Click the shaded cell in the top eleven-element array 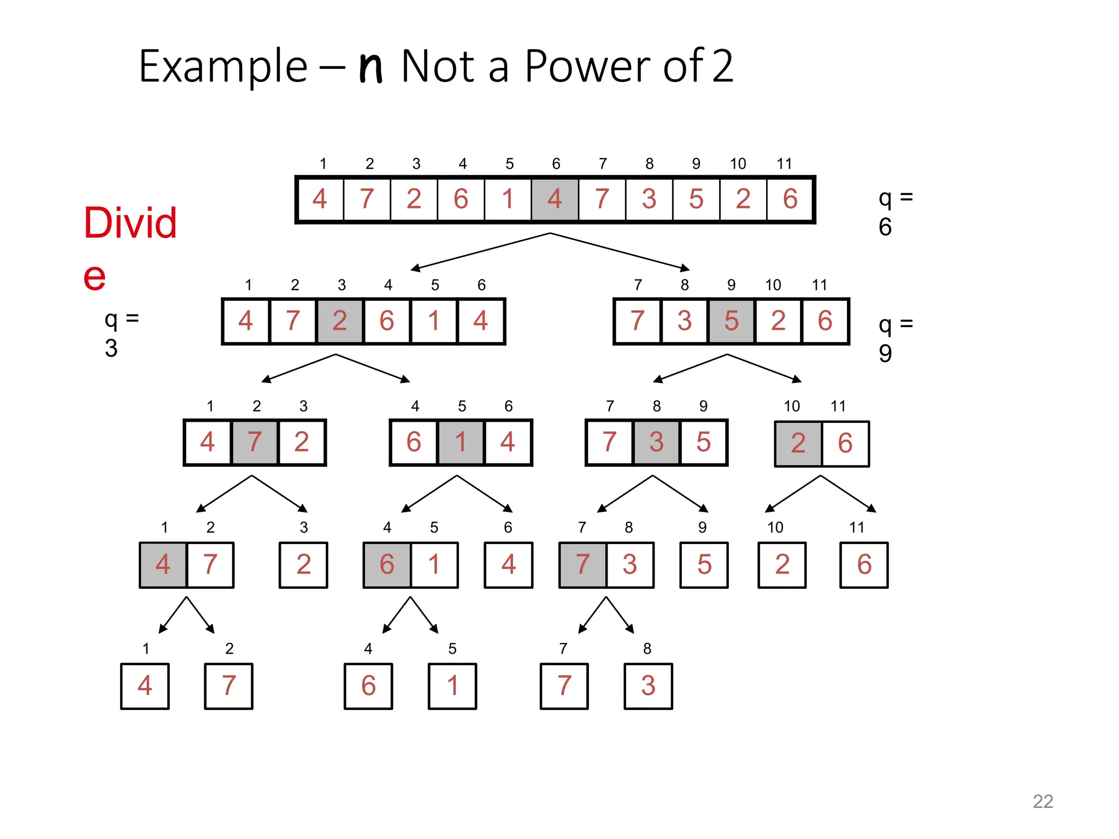[x=555, y=199]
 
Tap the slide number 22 [x=1043, y=801]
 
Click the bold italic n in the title [x=370, y=66]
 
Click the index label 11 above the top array [x=784, y=163]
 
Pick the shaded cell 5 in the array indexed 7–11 [x=731, y=321]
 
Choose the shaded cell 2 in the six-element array [x=339, y=321]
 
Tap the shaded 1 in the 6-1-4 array [x=461, y=442]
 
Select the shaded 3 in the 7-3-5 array [x=656, y=442]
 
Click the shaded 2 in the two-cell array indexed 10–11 [x=798, y=443]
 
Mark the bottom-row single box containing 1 [x=452, y=686]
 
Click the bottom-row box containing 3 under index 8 [x=648, y=686]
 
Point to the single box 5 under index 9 [x=704, y=564]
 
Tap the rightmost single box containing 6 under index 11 [x=864, y=564]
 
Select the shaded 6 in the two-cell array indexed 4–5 [x=387, y=564]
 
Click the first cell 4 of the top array [x=320, y=199]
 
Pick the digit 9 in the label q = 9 [x=885, y=353]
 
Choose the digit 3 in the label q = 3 [x=111, y=348]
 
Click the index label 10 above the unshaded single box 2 [x=775, y=527]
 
